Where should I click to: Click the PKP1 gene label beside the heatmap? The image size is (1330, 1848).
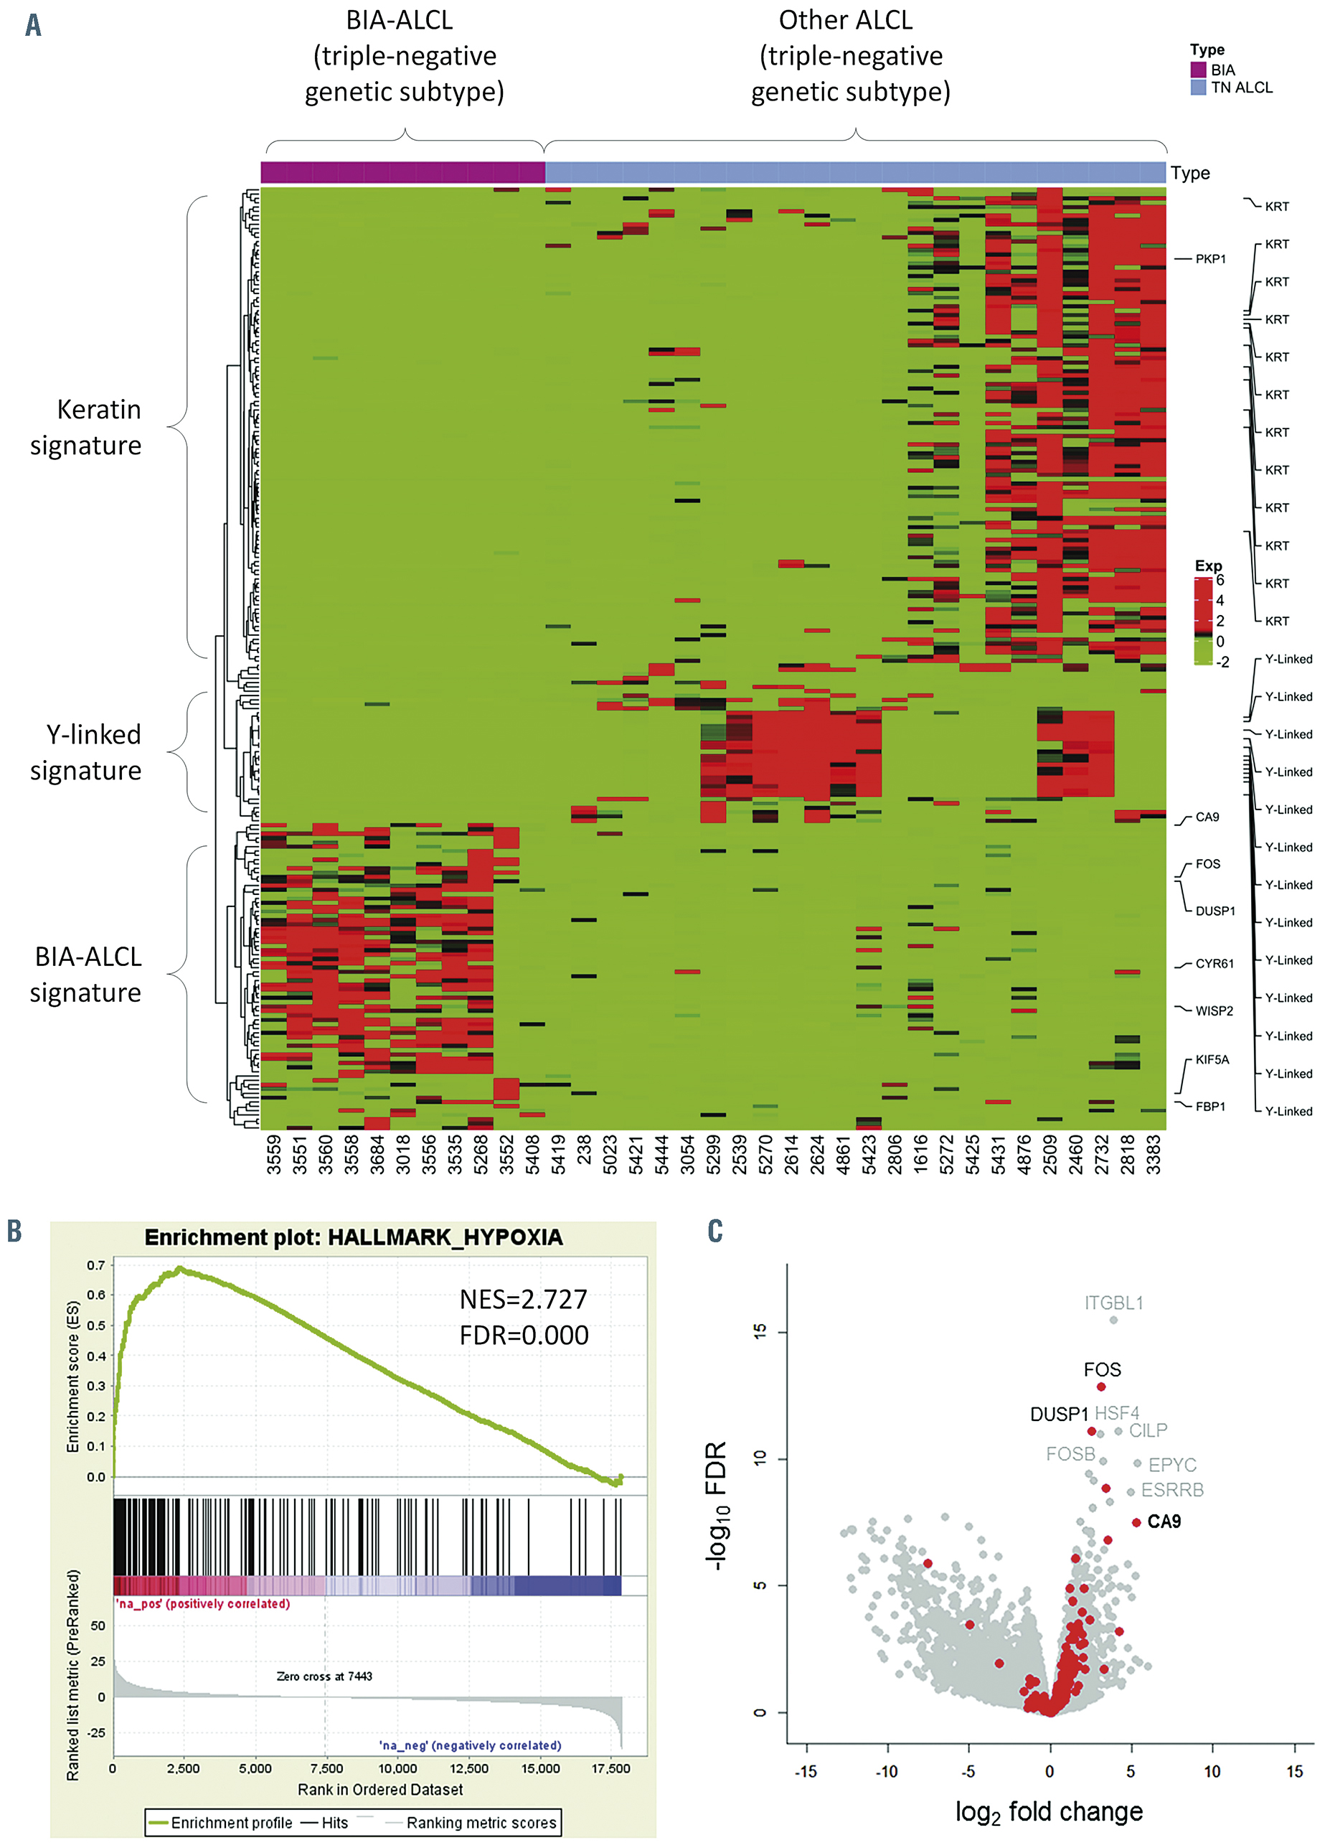point(1209,259)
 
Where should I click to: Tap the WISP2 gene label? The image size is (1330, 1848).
point(1214,1011)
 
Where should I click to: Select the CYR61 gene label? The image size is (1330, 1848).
point(1214,964)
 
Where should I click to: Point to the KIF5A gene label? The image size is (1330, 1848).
point(1212,1059)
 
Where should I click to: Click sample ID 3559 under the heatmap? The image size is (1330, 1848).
point(273,1155)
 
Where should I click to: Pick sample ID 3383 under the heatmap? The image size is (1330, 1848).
point(1154,1155)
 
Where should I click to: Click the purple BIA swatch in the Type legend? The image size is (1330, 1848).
point(1198,70)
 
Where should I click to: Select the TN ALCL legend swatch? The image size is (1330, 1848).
point(1198,87)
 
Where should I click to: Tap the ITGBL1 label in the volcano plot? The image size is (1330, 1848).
point(1113,1303)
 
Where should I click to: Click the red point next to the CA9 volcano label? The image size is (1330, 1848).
point(1136,1522)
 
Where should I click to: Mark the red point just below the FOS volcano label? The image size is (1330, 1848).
point(1101,1387)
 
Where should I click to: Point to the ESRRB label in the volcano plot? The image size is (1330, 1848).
point(1172,1491)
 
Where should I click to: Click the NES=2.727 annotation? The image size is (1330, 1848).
point(523,1299)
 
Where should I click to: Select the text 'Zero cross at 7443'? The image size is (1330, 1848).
point(324,1676)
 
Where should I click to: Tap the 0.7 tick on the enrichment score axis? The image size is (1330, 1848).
point(96,1265)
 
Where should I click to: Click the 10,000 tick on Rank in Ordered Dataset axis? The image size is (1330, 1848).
point(397,1769)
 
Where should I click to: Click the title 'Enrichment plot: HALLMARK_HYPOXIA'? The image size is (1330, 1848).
point(354,1238)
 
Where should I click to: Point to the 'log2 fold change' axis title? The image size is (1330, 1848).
point(1049,1811)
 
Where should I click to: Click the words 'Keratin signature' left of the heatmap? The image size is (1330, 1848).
point(86,427)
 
